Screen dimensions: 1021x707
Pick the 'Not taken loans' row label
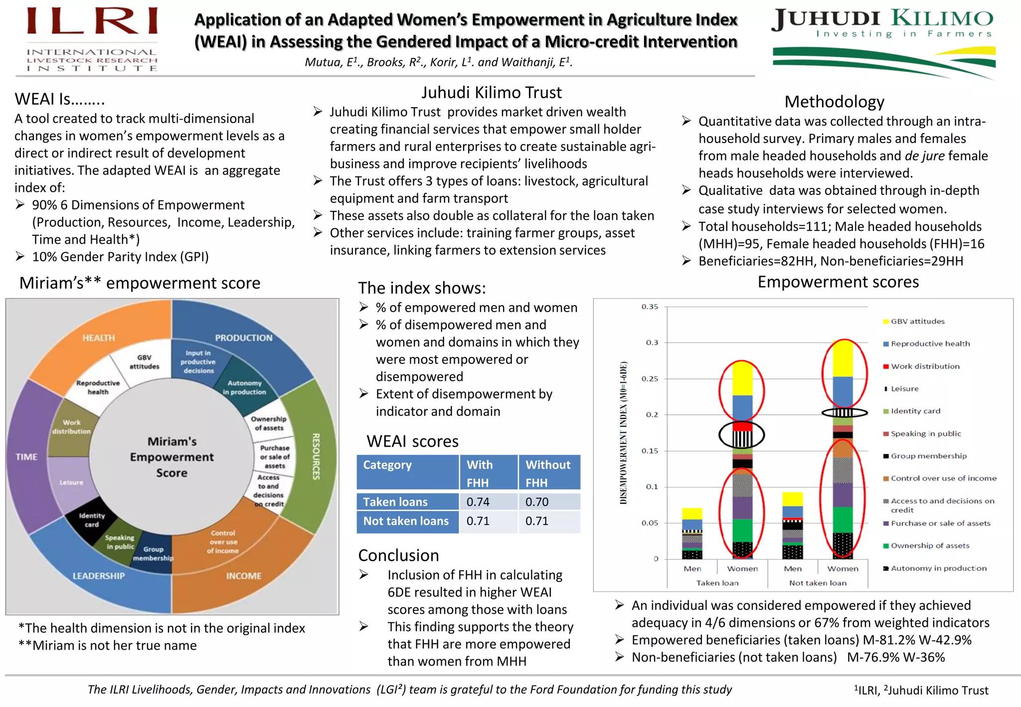click(x=406, y=521)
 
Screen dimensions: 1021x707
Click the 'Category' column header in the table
click(x=387, y=465)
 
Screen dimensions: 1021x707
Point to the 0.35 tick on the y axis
click(x=650, y=307)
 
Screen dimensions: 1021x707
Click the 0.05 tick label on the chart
click(x=650, y=523)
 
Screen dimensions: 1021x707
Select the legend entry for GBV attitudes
click(x=917, y=322)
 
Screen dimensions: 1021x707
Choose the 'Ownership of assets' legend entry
click(x=930, y=546)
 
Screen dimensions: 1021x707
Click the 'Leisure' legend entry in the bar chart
click(x=904, y=389)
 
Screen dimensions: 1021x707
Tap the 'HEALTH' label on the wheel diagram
click(x=99, y=338)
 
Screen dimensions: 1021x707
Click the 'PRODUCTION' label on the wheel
click(x=244, y=338)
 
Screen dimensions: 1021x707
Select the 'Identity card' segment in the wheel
click(x=92, y=520)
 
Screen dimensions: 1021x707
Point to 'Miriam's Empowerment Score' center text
click(x=172, y=457)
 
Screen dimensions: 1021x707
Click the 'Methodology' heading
click(x=834, y=102)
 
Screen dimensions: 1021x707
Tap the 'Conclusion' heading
click(x=398, y=555)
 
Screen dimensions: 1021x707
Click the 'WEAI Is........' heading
click(x=60, y=99)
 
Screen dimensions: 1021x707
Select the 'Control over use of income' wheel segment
click(x=223, y=541)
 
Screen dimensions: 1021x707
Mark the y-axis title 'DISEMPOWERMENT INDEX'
click(x=623, y=433)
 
